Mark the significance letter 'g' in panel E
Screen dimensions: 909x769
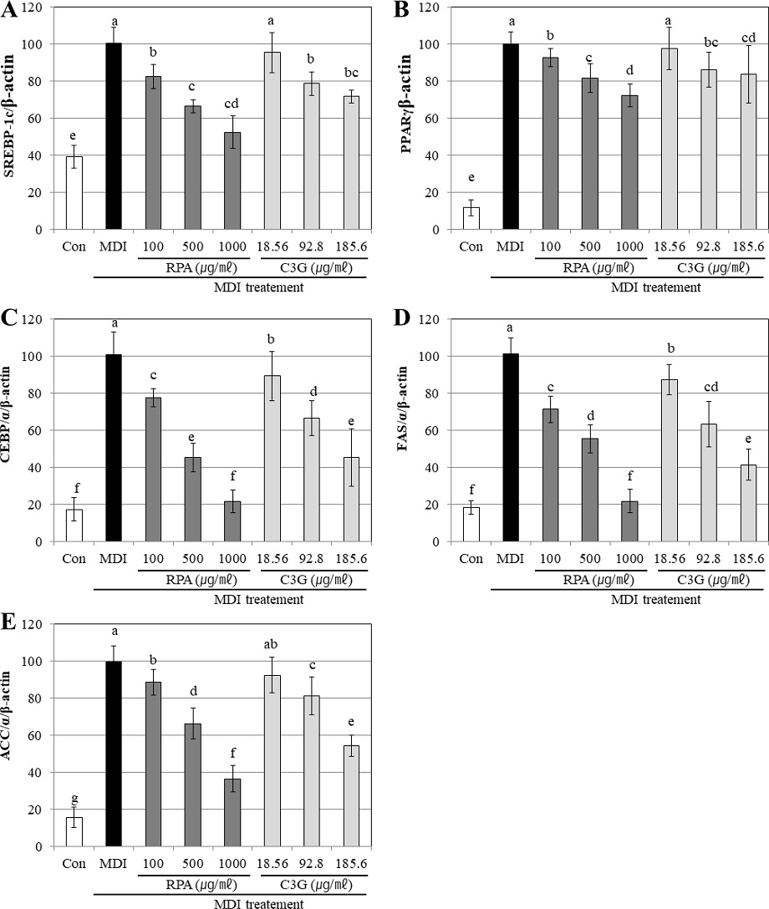coord(74,798)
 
